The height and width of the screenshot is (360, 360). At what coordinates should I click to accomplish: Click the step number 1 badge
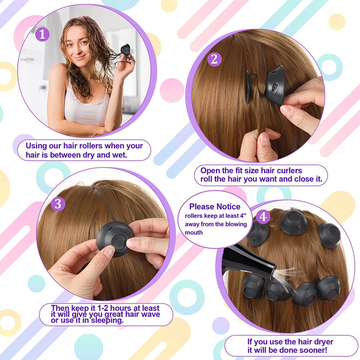point(42,34)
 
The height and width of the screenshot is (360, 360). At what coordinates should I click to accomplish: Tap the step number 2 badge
point(215,59)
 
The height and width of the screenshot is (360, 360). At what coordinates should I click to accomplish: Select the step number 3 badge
point(58,204)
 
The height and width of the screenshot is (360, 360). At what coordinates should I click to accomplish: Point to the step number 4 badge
point(263,216)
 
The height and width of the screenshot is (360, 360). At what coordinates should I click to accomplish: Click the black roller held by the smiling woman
point(126,50)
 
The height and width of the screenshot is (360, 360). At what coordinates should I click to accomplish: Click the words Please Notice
point(215,207)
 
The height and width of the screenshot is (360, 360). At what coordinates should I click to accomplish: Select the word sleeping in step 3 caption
point(107,320)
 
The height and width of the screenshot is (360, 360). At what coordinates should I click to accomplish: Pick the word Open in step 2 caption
point(209,171)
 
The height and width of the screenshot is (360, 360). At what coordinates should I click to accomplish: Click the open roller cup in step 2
point(275,85)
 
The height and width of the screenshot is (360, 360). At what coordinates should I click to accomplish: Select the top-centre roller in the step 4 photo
point(294,222)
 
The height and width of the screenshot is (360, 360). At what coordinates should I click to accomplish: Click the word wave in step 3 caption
point(150,314)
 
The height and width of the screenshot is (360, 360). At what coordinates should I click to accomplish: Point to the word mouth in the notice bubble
point(194,233)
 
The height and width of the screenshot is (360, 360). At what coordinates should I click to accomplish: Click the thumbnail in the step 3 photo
point(109,251)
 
